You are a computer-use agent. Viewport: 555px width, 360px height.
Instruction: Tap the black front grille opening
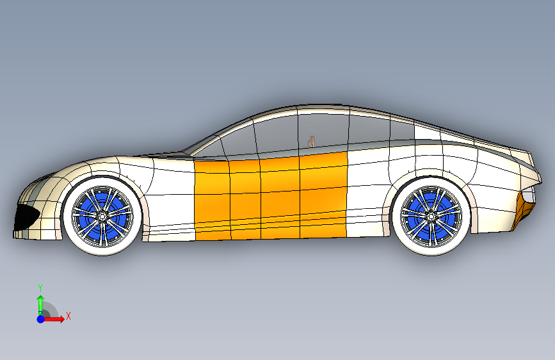tap(26, 217)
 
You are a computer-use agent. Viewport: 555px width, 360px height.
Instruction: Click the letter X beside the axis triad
tap(68, 316)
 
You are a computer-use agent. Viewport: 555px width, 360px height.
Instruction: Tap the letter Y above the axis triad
tap(40, 288)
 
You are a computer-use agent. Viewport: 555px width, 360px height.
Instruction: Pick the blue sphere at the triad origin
tap(40, 318)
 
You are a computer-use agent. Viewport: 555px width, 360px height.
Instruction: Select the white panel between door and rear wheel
tap(368, 192)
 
